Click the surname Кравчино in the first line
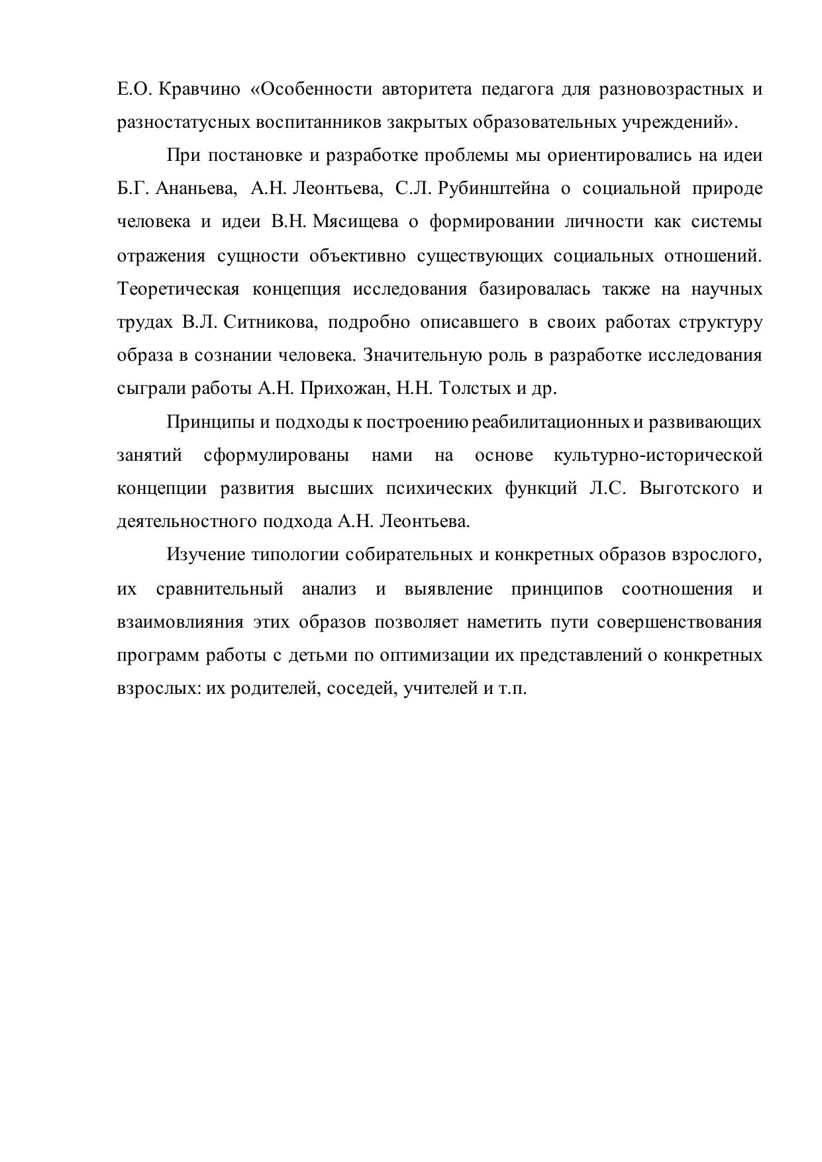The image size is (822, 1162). [200, 89]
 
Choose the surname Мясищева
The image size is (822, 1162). [355, 222]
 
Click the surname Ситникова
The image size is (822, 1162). [272, 322]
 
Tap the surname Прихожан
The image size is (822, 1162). [342, 389]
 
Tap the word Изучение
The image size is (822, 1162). [205, 554]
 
